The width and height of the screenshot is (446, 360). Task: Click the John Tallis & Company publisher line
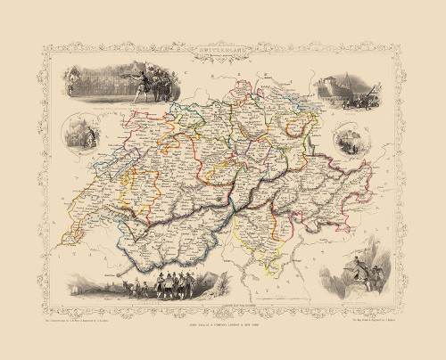pyautogui.click(x=222, y=311)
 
